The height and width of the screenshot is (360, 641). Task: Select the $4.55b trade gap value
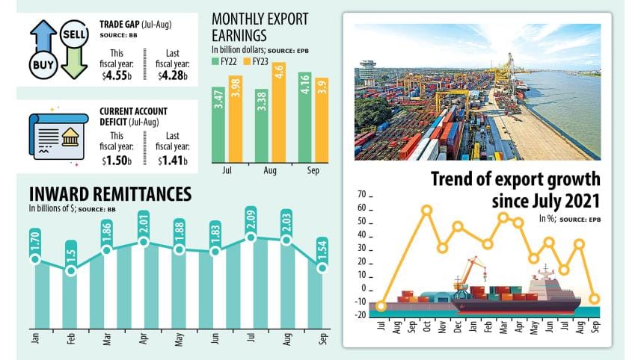click(x=117, y=75)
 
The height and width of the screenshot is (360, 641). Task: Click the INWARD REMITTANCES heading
click(x=110, y=194)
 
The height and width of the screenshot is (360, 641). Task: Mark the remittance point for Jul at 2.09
click(x=251, y=237)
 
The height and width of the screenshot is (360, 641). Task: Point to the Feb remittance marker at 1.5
click(x=71, y=270)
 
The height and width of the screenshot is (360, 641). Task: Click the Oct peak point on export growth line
click(x=426, y=210)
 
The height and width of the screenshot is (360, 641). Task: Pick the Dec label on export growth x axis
click(x=457, y=327)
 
